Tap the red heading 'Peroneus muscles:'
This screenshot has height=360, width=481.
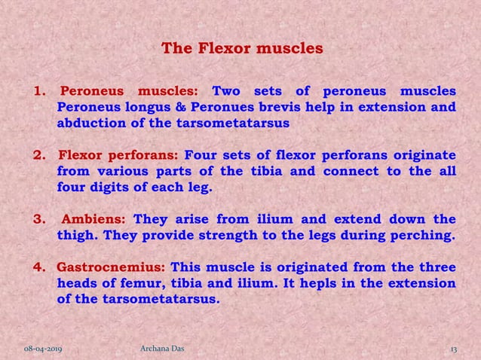[128, 93]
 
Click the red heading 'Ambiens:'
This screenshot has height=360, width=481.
[93, 220]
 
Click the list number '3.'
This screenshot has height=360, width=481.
[39, 220]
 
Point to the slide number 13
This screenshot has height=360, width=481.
[454, 350]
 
